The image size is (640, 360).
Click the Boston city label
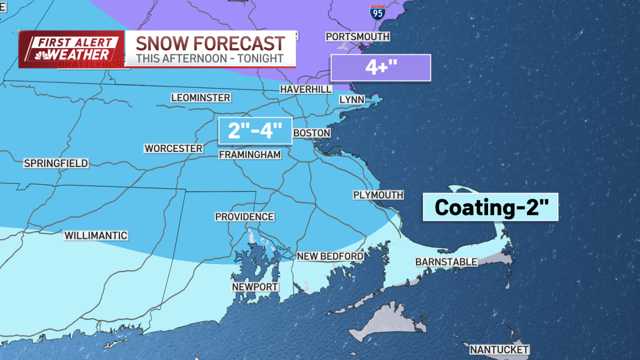[312, 133]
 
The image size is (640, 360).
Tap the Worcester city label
[173, 148]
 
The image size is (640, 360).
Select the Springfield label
[56, 163]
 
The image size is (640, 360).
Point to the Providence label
[244, 217]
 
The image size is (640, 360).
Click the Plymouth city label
[378, 195]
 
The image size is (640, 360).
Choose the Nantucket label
[499, 350]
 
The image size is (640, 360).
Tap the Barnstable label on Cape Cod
[446, 262]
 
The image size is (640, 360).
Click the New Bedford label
[330, 257]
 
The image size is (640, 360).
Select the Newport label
[255, 287]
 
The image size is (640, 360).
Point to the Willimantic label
[95, 235]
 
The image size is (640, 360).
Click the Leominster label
[201, 98]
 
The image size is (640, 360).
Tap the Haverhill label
[306, 90]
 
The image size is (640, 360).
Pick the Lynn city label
[351, 100]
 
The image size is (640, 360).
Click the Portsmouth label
[357, 37]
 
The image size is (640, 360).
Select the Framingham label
[250, 155]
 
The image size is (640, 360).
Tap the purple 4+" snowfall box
[380, 68]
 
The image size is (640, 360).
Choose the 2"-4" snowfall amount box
[255, 130]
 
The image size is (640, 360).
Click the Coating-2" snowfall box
[490, 207]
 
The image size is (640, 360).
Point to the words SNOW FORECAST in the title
[210, 43]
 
